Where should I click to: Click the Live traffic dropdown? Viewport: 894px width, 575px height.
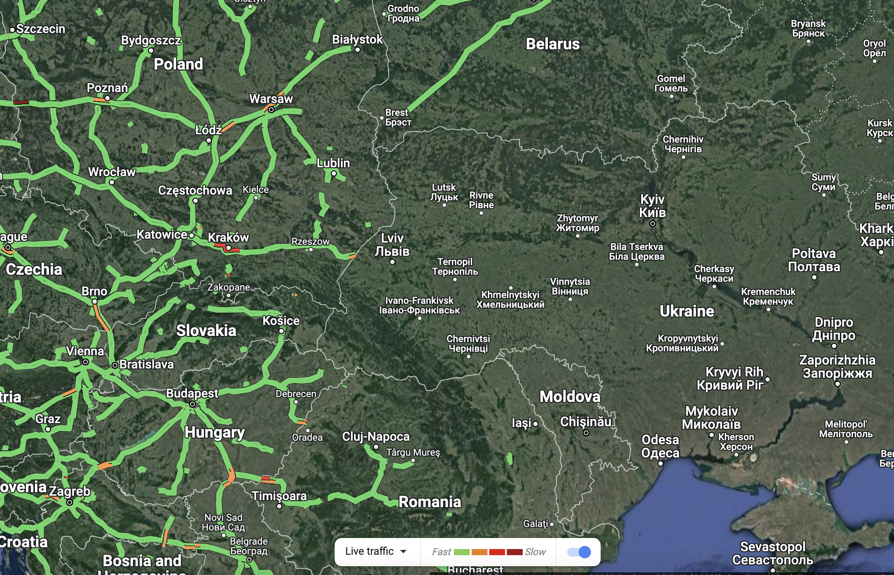click(x=376, y=551)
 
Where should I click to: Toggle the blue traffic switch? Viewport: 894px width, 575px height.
click(x=579, y=552)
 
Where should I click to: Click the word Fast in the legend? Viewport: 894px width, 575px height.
click(x=441, y=552)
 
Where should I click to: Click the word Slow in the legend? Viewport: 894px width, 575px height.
click(x=535, y=552)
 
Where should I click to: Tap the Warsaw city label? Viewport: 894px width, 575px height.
click(x=271, y=99)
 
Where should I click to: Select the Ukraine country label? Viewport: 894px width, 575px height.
click(x=687, y=311)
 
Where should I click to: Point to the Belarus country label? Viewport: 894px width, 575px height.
click(x=553, y=44)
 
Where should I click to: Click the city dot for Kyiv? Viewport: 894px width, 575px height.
click(x=653, y=224)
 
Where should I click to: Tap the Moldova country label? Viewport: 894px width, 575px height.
click(x=570, y=397)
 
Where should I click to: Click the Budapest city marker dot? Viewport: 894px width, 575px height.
click(x=192, y=404)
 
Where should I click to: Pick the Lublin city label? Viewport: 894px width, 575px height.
click(x=333, y=163)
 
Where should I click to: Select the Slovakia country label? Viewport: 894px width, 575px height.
click(x=206, y=331)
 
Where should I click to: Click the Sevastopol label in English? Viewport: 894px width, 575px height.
click(x=772, y=547)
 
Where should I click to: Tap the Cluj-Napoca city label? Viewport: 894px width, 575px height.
click(x=376, y=437)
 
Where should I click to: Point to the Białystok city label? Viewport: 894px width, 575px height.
click(x=357, y=40)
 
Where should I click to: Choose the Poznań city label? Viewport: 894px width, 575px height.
click(x=107, y=88)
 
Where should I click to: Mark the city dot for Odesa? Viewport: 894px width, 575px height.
click(x=660, y=464)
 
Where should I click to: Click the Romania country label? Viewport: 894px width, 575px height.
click(x=430, y=502)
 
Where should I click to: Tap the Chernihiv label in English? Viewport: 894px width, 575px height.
click(x=683, y=140)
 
